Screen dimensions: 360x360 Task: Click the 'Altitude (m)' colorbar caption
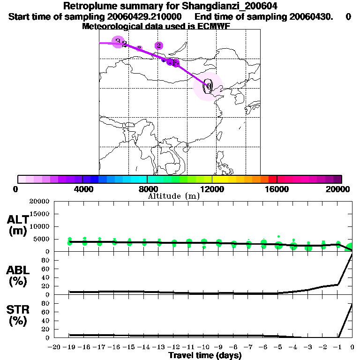[x=173, y=196]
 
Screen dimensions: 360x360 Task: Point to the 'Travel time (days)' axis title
[x=205, y=356]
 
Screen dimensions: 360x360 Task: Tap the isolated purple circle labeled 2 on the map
[x=159, y=45]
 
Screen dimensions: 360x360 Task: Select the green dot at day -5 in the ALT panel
[x=278, y=245]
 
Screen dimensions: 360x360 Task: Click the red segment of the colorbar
[x=272, y=179]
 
